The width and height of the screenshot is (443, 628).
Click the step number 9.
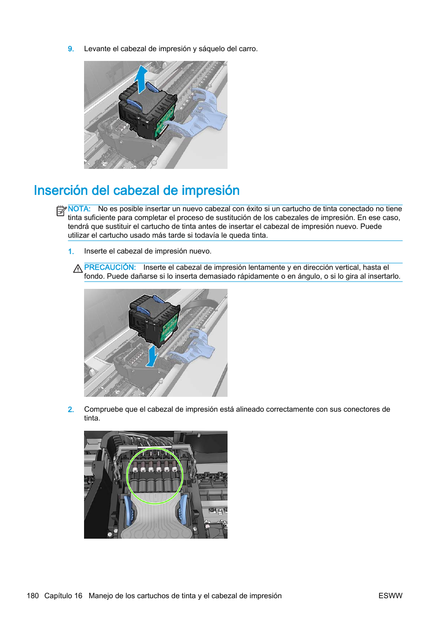coord(71,49)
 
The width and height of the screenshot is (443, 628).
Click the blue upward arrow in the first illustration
coord(141,79)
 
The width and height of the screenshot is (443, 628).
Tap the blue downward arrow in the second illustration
coord(152,356)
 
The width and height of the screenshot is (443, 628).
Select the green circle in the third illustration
coord(155,475)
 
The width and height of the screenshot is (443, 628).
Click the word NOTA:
coord(79,209)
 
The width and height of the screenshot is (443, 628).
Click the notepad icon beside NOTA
coord(61,211)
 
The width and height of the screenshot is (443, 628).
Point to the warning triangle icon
coord(78,268)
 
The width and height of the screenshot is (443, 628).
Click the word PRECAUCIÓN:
coord(110,267)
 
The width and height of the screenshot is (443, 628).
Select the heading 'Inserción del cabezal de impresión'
coord(137,190)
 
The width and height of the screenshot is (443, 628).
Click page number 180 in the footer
coord(33,596)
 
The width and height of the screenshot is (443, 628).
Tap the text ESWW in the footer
coord(390,596)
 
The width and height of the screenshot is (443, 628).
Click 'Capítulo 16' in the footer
coord(63,596)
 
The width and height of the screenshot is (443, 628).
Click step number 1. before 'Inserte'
coord(71,252)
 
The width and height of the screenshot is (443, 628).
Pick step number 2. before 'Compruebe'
coord(71,410)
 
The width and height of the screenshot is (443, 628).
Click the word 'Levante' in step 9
coord(98,49)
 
